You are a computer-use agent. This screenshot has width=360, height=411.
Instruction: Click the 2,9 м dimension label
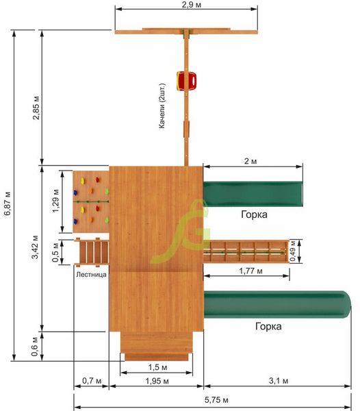click(192, 5)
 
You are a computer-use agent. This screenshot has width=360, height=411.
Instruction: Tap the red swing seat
click(186, 81)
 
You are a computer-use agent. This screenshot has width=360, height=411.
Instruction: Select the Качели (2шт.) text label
click(162, 106)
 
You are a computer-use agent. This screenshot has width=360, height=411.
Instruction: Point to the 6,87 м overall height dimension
click(8, 203)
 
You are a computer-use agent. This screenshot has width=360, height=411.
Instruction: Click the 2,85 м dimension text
click(36, 108)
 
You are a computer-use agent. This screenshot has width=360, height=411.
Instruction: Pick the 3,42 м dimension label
click(35, 247)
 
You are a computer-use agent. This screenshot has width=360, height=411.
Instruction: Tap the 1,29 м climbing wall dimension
click(55, 201)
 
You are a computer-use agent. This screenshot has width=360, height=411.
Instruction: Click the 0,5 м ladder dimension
click(55, 252)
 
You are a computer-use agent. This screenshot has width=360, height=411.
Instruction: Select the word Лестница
click(92, 275)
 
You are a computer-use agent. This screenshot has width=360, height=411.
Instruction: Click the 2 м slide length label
click(250, 161)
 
